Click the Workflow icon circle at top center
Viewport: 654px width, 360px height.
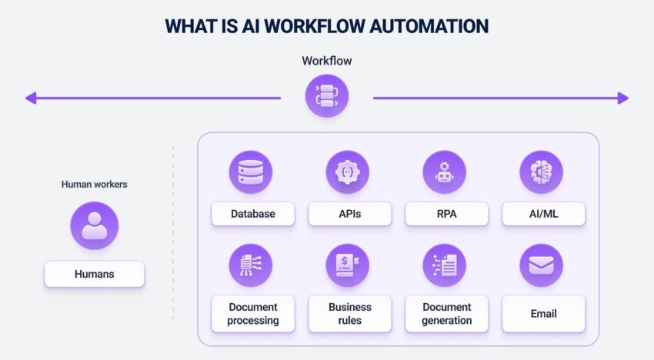(x=326, y=96)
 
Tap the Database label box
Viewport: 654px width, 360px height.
(x=252, y=214)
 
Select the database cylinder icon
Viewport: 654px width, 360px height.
(x=251, y=172)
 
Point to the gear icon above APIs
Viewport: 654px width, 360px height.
(x=348, y=172)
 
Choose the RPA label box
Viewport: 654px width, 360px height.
(x=445, y=214)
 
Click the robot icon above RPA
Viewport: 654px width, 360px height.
(x=445, y=172)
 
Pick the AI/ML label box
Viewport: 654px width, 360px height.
(x=543, y=214)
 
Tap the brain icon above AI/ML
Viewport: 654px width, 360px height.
(x=542, y=172)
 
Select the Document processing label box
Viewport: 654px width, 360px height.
(x=252, y=314)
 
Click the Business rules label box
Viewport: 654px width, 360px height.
(x=349, y=314)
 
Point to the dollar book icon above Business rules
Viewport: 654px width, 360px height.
(x=348, y=265)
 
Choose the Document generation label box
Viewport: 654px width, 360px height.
(x=446, y=314)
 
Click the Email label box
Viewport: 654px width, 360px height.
(x=543, y=314)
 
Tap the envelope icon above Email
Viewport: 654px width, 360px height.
(x=542, y=265)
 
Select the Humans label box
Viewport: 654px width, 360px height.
(x=94, y=274)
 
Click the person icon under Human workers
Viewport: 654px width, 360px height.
(x=94, y=226)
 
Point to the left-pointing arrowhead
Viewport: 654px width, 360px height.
(x=31, y=98)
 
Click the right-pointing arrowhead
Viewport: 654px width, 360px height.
(x=622, y=98)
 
